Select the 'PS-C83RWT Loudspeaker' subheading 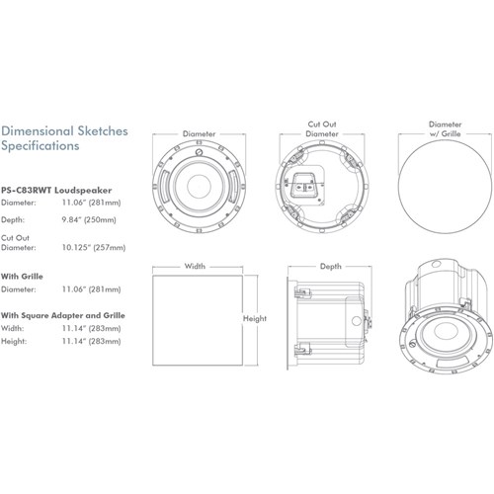tap(55, 188)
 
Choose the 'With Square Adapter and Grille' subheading tap(61, 315)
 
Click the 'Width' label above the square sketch tap(196, 266)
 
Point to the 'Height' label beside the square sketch tap(256, 319)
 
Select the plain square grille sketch tap(195, 319)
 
